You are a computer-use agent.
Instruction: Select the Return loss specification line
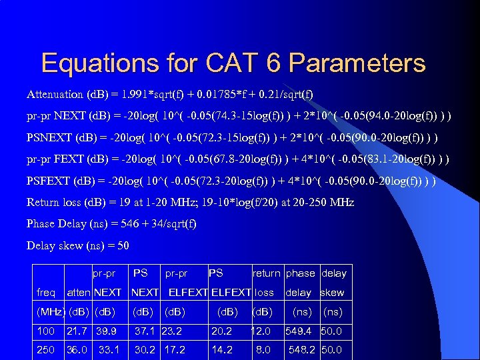190,202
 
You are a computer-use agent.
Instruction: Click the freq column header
46,292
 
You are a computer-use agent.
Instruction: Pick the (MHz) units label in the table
49,311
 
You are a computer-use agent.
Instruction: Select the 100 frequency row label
45,331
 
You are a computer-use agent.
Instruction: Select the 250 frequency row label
45,349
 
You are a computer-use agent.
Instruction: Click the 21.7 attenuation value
77,331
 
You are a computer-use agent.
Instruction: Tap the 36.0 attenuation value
77,349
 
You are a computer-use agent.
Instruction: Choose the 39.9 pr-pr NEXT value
107,331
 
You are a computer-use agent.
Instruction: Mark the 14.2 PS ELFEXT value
221,349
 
